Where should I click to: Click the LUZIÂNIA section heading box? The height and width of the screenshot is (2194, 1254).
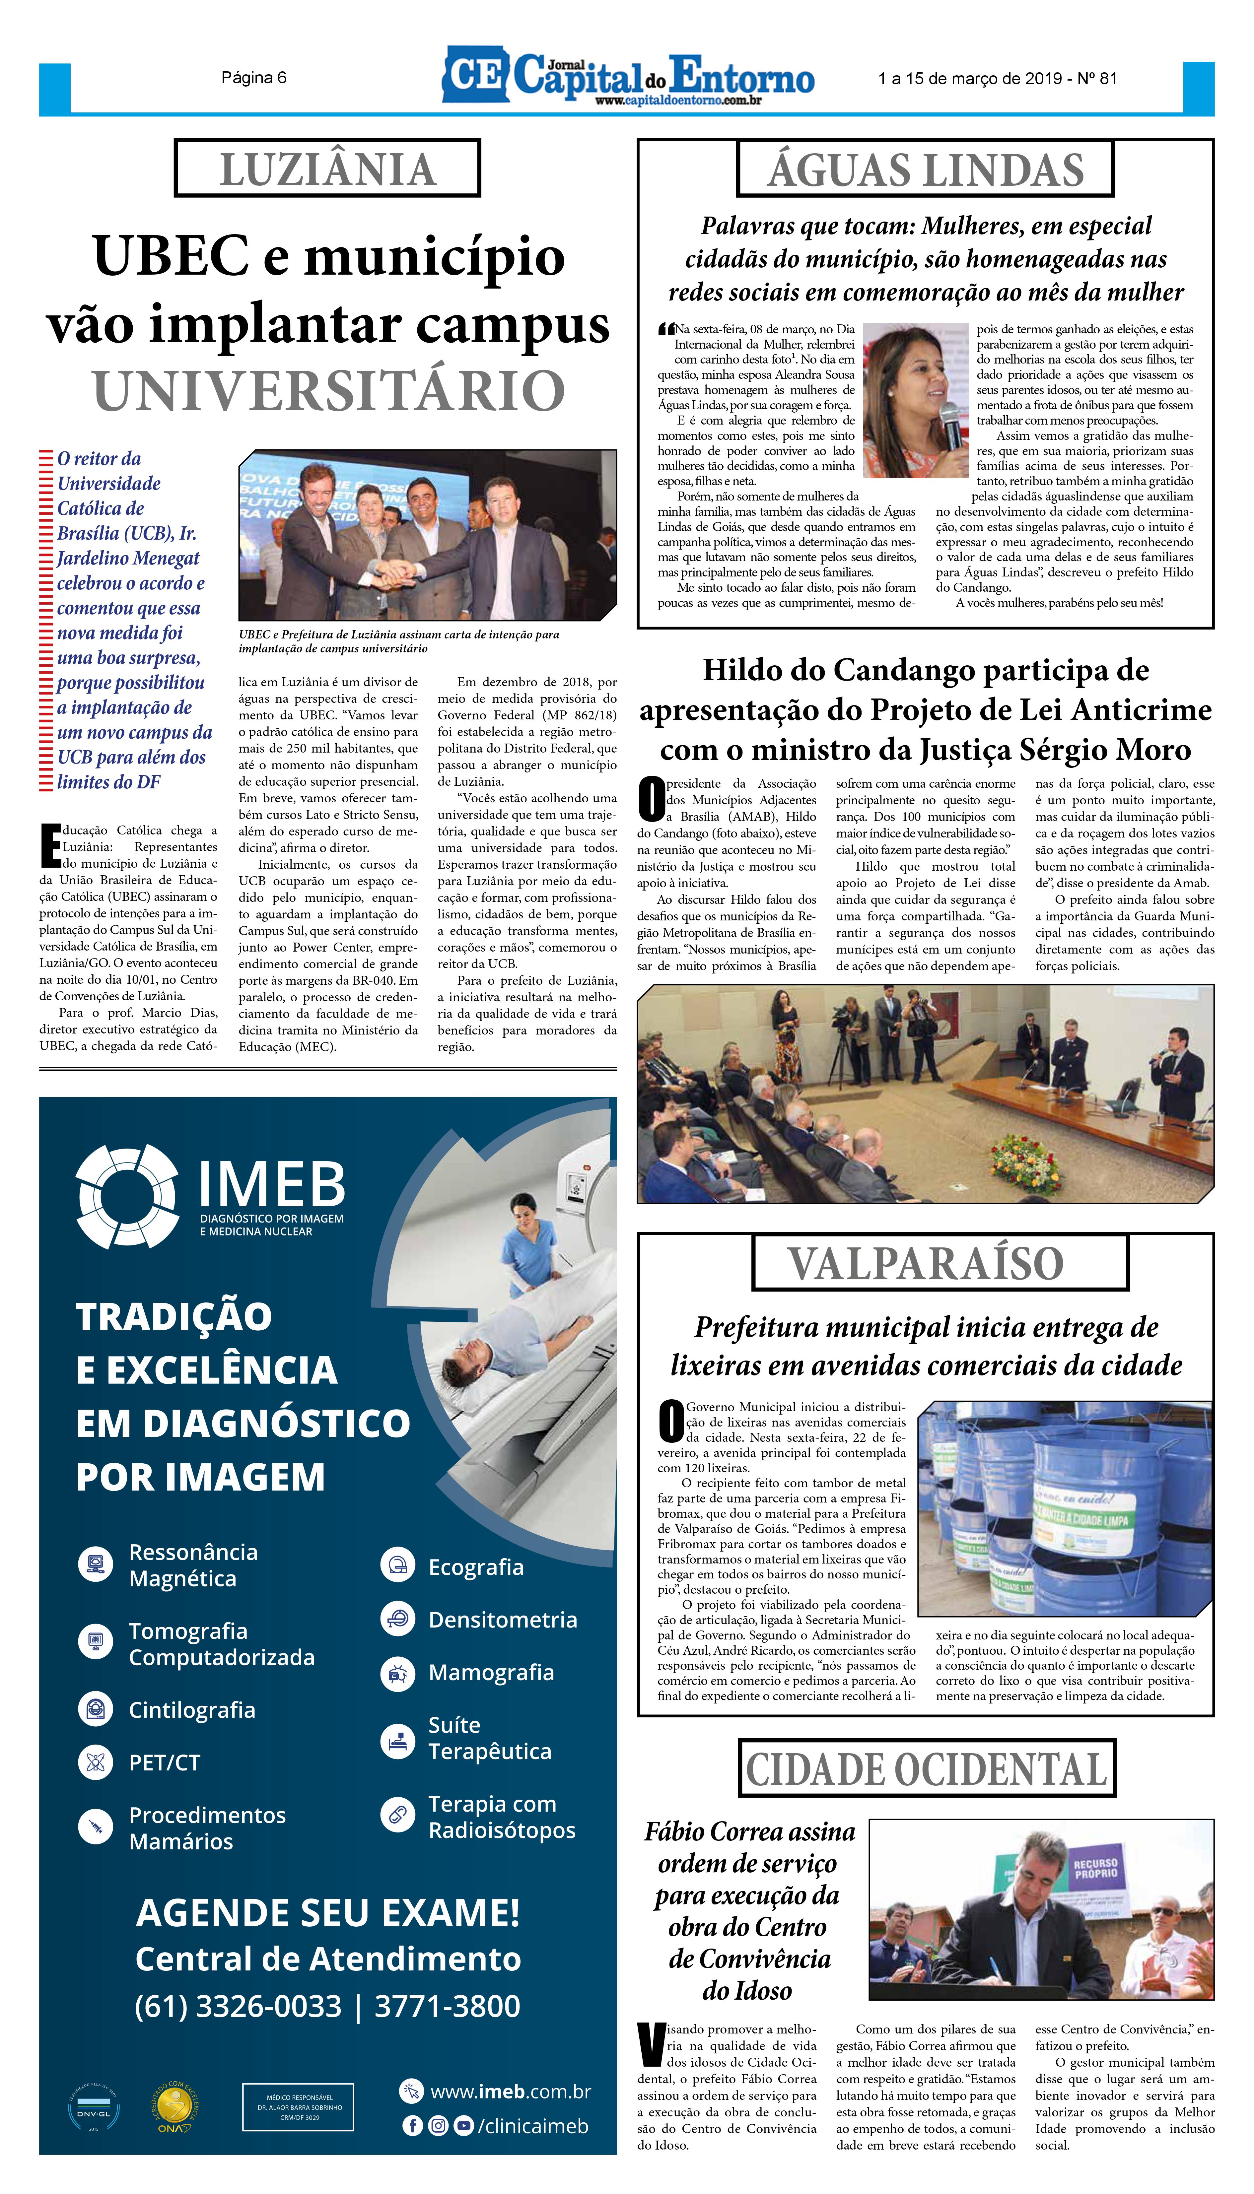pos(327,169)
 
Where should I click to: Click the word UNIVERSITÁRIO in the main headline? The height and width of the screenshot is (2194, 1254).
pos(329,391)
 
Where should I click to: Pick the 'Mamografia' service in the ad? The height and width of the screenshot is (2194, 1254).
pos(491,1672)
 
